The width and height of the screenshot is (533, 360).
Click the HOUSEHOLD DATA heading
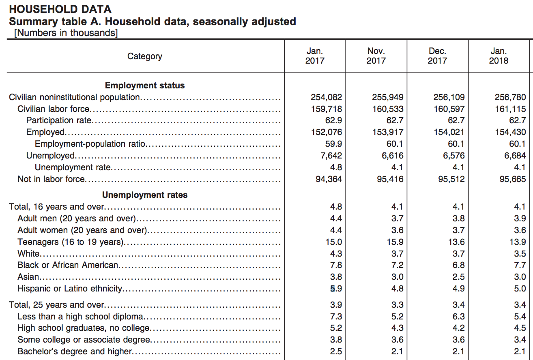pos(60,9)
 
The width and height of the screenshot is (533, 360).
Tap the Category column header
pos(145,56)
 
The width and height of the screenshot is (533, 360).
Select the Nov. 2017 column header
pos(376,56)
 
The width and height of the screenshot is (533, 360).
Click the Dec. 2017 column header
pos(437,56)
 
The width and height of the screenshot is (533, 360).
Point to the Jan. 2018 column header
pos(499,56)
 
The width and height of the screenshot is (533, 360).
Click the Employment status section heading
pos(145,86)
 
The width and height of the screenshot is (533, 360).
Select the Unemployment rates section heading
pos(145,195)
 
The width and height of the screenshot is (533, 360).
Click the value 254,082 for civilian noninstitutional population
pos(326,97)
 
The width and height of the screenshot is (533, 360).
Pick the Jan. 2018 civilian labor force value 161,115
pos(510,109)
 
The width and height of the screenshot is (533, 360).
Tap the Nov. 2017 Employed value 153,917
pos(388,132)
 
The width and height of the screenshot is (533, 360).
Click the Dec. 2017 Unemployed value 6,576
pos(454,156)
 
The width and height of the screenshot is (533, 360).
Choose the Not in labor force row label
pos(52,179)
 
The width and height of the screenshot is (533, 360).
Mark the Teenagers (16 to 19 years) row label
pos(71,242)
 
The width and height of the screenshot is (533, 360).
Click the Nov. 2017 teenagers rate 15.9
pos(395,242)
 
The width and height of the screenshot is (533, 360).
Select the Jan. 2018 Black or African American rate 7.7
pos(520,265)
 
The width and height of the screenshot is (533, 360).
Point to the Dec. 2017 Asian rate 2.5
pos(458,277)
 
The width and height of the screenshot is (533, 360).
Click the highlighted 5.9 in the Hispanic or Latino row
pos(336,288)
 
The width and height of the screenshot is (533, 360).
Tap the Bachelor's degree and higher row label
pos(75,351)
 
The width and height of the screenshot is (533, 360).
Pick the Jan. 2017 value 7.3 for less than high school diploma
pos(336,317)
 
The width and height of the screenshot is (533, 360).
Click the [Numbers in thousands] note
pos(66,33)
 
